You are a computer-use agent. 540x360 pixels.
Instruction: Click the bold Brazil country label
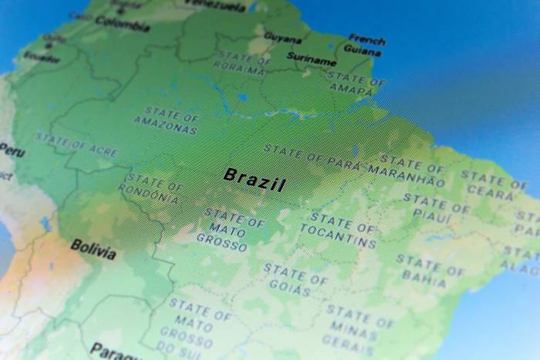coord(254,180)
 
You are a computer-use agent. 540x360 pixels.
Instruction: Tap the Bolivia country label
coord(93,249)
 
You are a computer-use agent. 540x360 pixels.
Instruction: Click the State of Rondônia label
coord(150,190)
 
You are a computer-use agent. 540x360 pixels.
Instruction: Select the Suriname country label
coord(312,58)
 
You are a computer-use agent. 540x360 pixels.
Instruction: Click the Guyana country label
coord(283,36)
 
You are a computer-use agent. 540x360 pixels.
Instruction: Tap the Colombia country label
coord(122,23)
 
